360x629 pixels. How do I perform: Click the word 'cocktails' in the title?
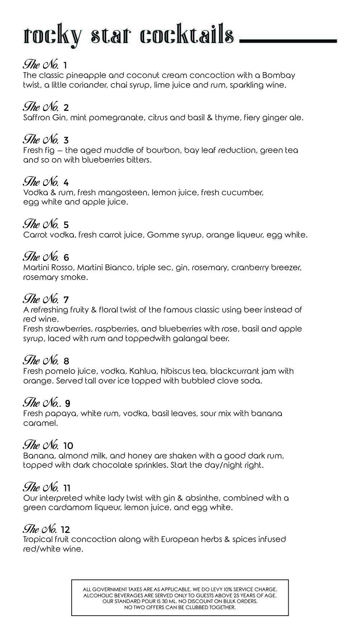coord(187,36)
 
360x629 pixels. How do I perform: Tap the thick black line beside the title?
coord(288,41)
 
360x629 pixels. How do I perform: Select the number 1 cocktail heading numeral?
coord(65,66)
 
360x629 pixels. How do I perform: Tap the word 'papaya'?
coord(61,413)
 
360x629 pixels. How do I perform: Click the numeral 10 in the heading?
coord(68,446)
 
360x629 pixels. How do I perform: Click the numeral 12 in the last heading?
coord(65,530)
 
